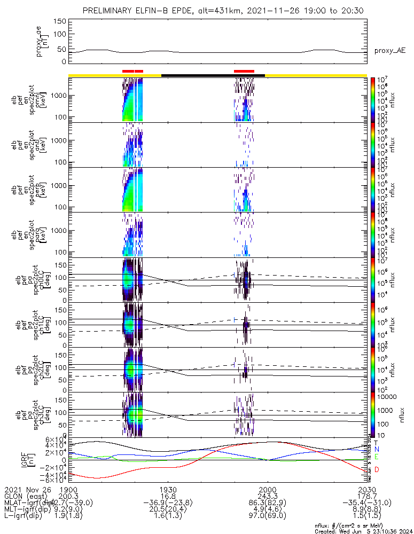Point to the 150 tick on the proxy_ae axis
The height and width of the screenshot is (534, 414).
(x=60, y=21)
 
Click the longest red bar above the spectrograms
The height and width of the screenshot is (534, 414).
(x=244, y=71)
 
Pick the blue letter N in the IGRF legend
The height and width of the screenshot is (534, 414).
(x=377, y=450)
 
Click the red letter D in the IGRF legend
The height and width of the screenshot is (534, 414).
(x=377, y=469)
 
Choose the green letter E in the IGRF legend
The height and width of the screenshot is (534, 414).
(x=377, y=457)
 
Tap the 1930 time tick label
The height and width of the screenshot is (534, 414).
(x=168, y=489)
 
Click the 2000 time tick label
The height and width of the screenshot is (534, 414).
(x=267, y=489)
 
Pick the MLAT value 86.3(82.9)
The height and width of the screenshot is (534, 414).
(x=267, y=503)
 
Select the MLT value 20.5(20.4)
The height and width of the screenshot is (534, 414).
(x=168, y=509)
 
